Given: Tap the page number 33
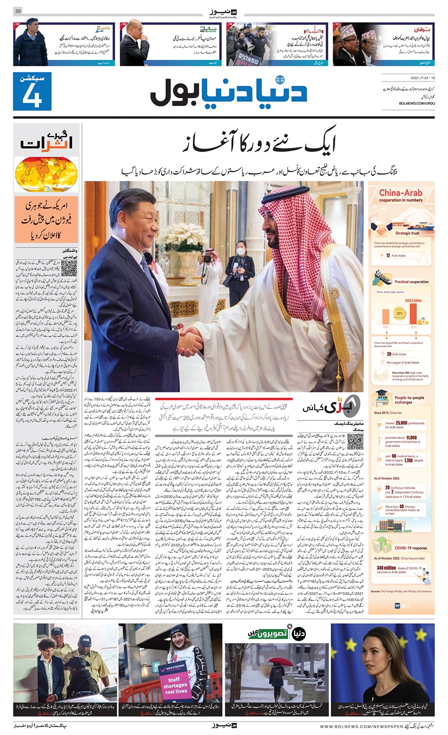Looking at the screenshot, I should click(18, 11).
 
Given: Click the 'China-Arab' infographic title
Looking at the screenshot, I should click(401, 193).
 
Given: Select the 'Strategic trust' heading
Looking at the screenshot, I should click(407, 234).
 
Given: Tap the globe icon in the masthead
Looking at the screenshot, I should click(281, 80).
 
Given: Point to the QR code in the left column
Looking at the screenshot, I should click(69, 268).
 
